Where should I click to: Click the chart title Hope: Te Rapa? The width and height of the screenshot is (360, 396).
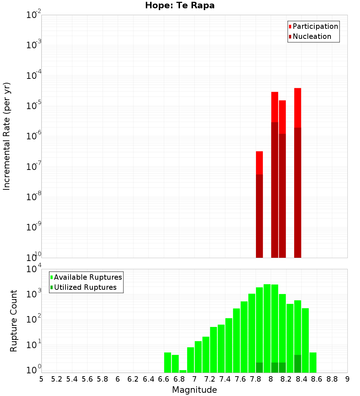(180, 6)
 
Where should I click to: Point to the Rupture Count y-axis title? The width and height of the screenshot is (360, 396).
(14, 321)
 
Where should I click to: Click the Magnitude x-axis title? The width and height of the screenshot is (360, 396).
(194, 390)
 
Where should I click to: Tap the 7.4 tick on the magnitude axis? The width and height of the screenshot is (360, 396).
(225, 379)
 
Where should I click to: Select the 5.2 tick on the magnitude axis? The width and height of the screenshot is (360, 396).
(57, 379)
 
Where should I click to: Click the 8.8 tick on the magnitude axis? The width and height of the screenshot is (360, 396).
(332, 379)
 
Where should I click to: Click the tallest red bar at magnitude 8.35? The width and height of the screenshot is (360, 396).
(297, 108)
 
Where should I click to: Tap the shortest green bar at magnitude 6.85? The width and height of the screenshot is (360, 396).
(183, 371)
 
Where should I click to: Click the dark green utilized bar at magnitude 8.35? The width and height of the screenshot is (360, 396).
(297, 364)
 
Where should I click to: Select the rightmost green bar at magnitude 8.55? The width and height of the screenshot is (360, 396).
(313, 363)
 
